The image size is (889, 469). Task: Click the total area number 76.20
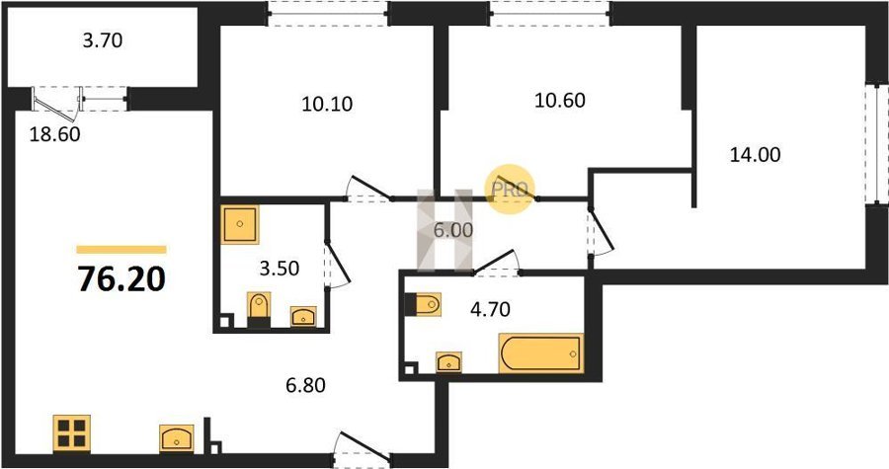point(121,278)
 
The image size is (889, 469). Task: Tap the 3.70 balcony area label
point(103,40)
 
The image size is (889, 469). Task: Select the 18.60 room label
point(54,135)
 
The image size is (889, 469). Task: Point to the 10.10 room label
point(327,105)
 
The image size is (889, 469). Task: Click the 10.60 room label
point(560,101)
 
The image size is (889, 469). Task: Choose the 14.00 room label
point(755,155)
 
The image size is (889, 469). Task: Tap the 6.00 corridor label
point(453,230)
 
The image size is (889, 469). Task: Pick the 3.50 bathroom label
point(280,268)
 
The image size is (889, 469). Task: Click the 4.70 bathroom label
point(490,309)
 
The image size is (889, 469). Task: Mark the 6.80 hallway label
point(305,386)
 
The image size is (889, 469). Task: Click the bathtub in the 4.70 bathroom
point(541,353)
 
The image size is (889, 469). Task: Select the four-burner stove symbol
point(72,433)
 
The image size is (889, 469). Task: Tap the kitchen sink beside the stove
point(177,437)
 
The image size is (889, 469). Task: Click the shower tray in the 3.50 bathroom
point(240,224)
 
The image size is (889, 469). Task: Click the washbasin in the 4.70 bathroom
point(448,362)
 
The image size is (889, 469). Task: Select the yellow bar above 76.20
point(121,249)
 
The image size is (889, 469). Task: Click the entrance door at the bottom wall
point(362,448)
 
